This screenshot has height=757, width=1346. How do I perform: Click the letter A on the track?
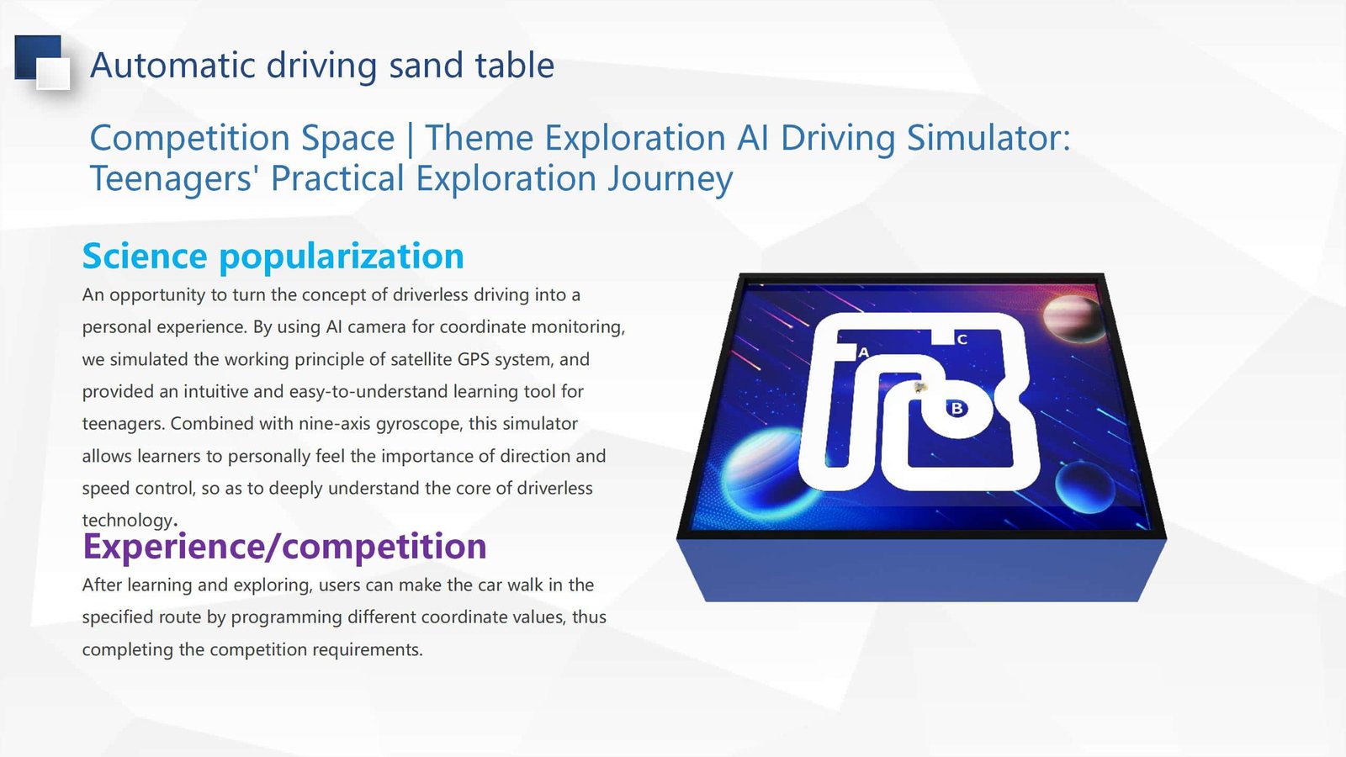pos(863,352)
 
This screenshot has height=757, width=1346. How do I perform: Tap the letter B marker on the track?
pos(957,409)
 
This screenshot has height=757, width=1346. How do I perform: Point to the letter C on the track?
pos(962,340)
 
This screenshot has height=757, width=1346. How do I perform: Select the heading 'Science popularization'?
pos(273,256)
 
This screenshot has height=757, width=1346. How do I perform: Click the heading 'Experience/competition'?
pos(284,546)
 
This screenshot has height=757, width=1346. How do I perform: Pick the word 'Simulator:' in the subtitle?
pos(988,138)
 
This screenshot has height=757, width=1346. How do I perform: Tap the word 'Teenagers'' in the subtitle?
pos(170,178)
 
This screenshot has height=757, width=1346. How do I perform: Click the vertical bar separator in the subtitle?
pos(410,139)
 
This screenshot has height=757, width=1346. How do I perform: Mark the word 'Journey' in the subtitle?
pos(670,180)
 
